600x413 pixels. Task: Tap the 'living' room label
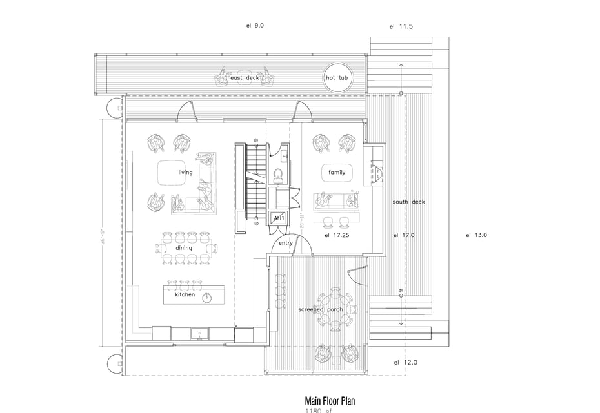click(186, 173)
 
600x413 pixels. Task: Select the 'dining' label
click(184, 247)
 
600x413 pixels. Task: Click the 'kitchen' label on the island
click(185, 294)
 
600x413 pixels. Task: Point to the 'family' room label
click(337, 173)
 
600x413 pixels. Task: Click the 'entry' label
click(286, 243)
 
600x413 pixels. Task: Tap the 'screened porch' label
click(321, 310)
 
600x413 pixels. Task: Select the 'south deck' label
click(409, 202)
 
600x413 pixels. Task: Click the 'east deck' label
click(245, 79)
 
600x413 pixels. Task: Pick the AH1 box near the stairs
click(279, 219)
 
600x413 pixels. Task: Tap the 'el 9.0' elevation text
click(255, 26)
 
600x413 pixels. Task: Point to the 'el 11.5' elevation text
click(401, 27)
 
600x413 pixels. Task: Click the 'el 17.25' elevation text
click(336, 236)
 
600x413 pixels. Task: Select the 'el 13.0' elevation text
click(476, 235)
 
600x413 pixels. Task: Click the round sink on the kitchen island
click(207, 298)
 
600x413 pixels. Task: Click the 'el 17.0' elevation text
click(404, 235)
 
